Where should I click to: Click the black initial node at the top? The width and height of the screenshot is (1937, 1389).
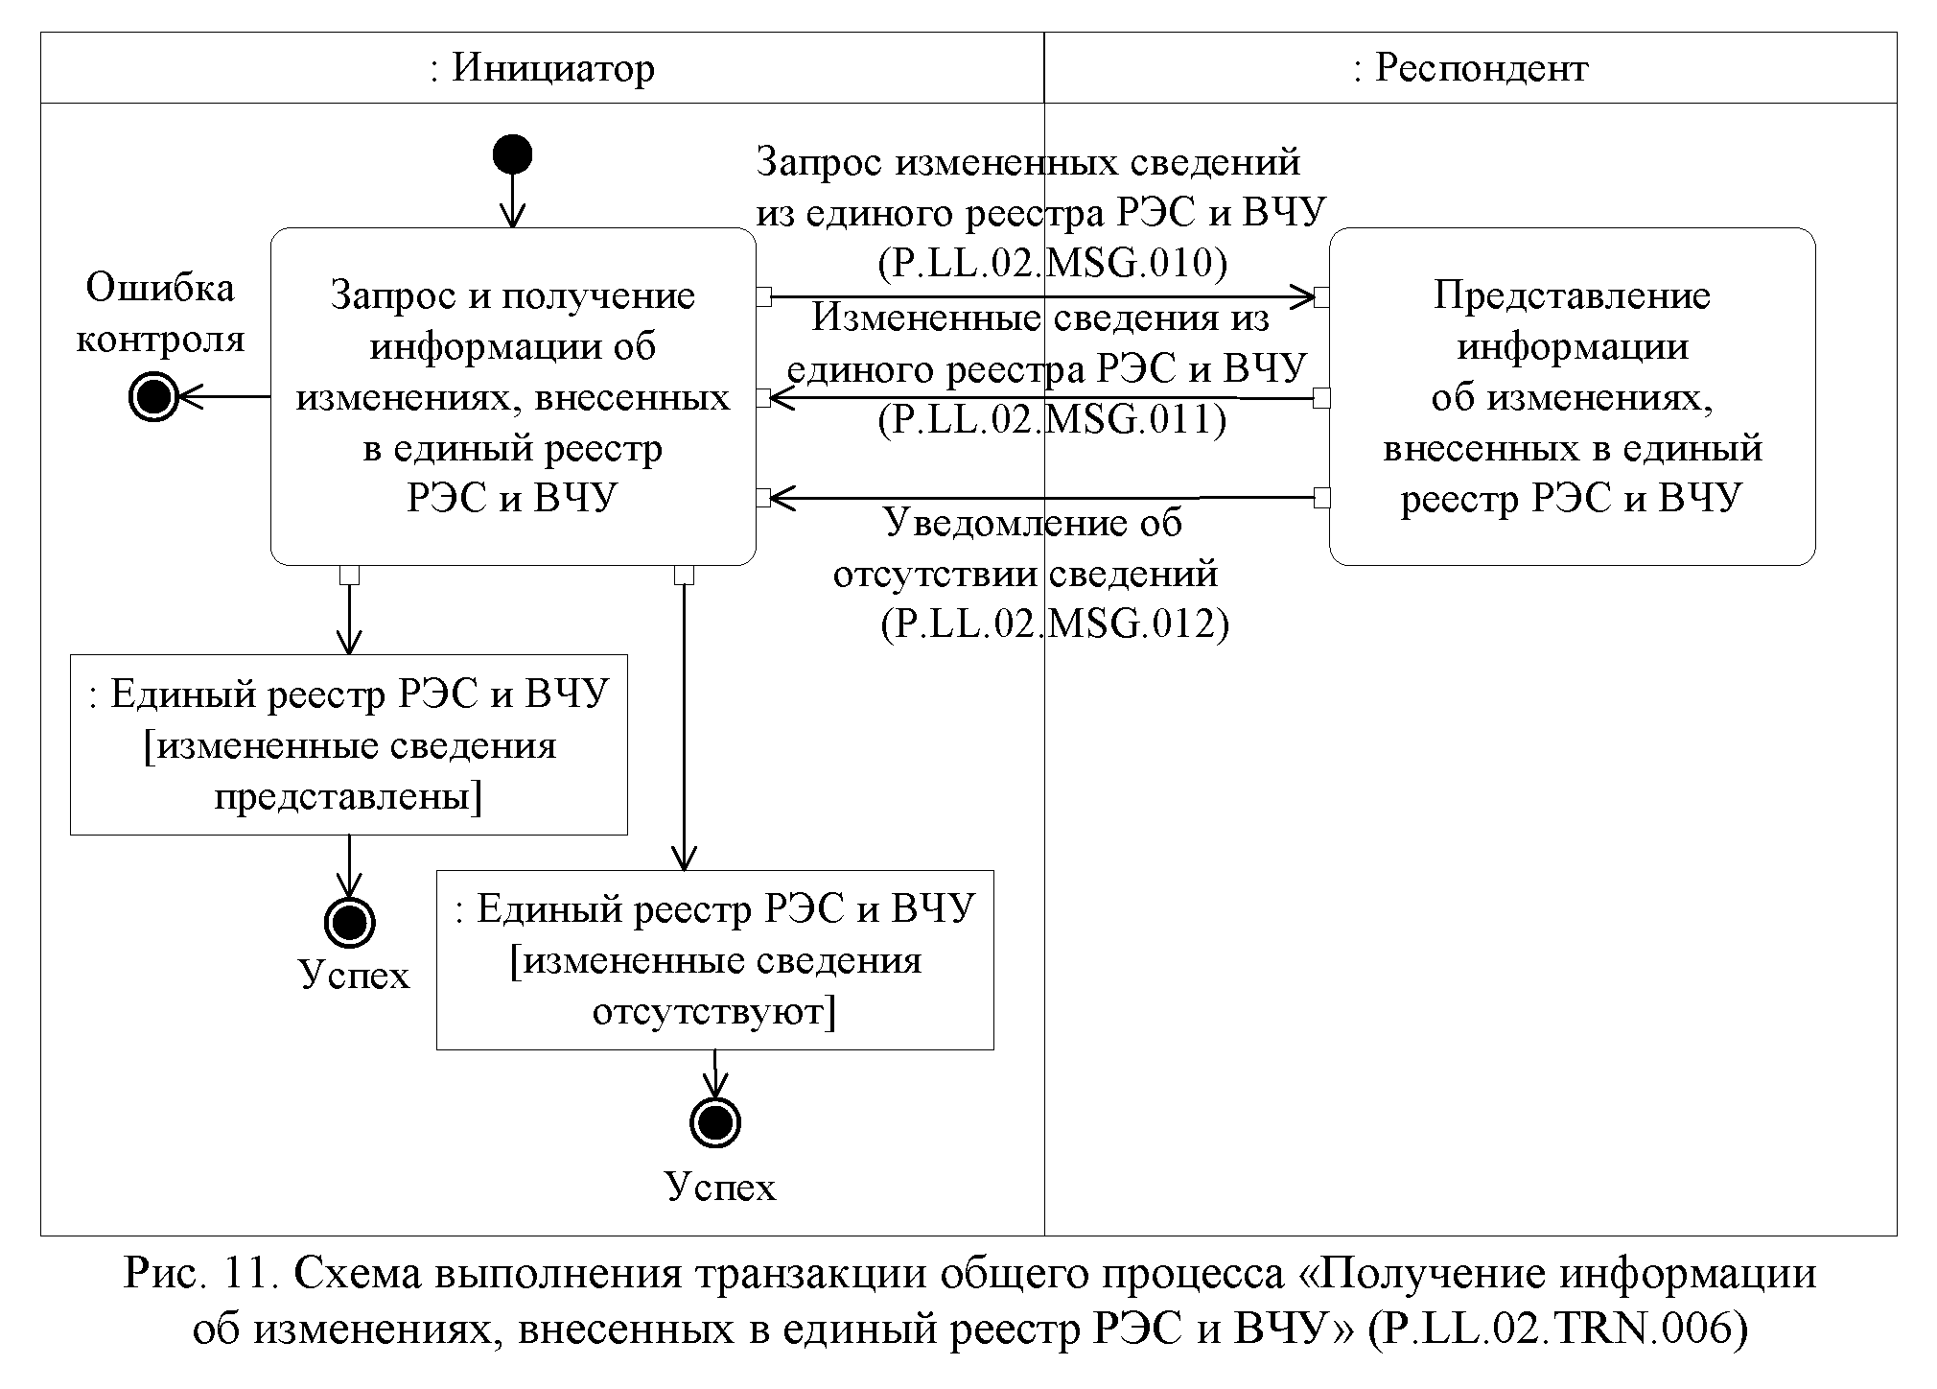pos(512,154)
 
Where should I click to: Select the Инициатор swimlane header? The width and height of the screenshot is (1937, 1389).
pos(542,68)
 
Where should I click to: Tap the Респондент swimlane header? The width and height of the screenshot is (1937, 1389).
pos(1470,68)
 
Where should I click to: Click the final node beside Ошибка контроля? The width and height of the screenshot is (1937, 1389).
pos(153,395)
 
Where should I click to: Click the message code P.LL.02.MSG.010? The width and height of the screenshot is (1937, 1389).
pos(1052,264)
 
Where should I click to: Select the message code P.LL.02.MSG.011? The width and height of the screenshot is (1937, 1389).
pos(1052,420)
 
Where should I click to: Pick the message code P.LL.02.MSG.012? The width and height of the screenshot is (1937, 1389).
pos(1055,624)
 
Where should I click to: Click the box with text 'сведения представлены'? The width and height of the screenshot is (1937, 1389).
pos(349,745)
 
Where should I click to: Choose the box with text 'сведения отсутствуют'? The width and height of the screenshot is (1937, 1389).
pos(714,960)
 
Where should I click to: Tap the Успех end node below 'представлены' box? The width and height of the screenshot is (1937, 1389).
pos(349,923)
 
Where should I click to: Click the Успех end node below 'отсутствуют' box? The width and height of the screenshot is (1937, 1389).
pos(714,1122)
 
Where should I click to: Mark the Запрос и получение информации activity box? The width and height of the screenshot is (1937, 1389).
pos(513,396)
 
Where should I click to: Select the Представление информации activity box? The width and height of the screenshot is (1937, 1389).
pos(1572,396)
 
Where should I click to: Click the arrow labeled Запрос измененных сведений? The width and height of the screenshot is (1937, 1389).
pos(1040,297)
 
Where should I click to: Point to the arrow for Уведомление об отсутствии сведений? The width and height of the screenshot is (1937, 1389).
pos(1040,498)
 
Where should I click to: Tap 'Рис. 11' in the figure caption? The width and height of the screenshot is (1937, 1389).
pos(201,1275)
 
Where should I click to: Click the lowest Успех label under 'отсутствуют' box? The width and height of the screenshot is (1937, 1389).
pos(719,1188)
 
